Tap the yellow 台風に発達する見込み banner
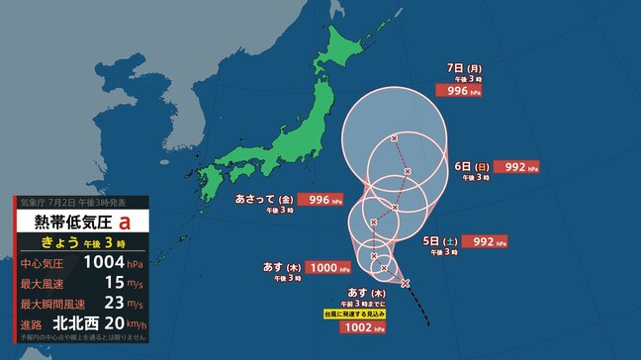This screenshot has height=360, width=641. pos(371,314)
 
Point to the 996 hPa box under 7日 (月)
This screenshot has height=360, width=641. pos(457,91)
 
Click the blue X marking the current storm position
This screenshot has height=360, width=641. pos(406,283)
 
